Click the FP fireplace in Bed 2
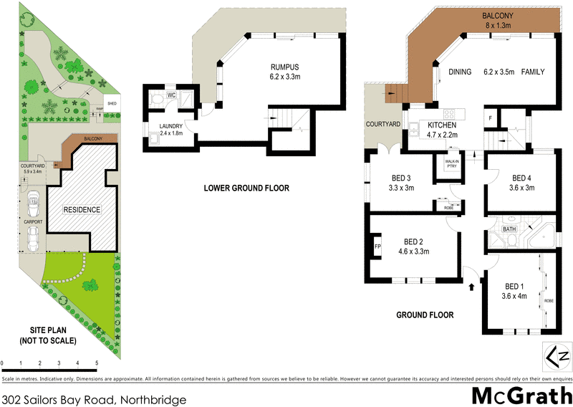tap(377, 247)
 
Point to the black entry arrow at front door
tap(471, 287)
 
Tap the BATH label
tap(509, 229)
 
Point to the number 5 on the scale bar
tap(97, 364)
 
